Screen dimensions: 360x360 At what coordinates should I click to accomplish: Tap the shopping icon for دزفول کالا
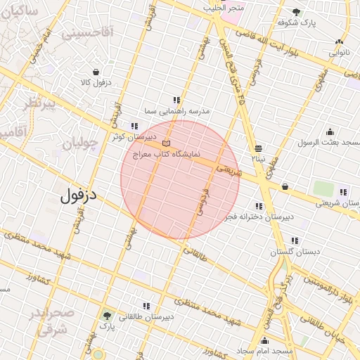pyautogui.click(x=95, y=71)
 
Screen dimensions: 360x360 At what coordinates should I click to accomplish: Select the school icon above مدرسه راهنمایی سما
pyautogui.click(x=176, y=101)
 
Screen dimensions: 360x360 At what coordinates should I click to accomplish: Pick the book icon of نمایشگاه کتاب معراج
pyautogui.click(x=166, y=143)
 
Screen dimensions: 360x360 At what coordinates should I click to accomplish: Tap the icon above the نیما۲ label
pyautogui.click(x=259, y=148)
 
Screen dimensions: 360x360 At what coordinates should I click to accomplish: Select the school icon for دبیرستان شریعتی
pyautogui.click(x=343, y=192)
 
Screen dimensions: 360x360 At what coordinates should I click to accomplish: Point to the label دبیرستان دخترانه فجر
pyautogui.click(x=257, y=217)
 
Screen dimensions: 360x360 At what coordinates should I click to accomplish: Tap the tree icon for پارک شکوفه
pyautogui.click(x=296, y=12)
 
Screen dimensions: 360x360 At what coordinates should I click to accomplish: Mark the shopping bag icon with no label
pyautogui.click(x=285, y=187)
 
